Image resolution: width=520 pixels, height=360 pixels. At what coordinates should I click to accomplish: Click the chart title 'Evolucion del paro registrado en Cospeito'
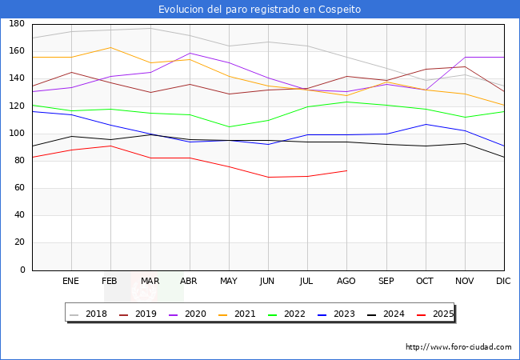coord(259,10)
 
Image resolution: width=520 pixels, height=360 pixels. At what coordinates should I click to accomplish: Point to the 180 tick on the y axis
coord(16,24)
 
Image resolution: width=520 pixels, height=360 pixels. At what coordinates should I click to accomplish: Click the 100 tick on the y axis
coord(16,134)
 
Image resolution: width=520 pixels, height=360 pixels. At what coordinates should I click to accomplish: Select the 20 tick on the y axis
coord(18,242)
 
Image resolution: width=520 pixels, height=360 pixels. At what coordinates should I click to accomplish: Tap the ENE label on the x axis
coord(71,281)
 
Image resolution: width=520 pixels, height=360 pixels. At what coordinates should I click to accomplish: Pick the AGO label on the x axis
coord(346,281)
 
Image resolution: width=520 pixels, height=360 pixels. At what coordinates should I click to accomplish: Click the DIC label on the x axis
coord(503,281)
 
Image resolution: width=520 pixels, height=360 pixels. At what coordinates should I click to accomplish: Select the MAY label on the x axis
coord(229,281)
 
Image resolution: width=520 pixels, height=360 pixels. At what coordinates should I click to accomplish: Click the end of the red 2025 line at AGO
coord(346,170)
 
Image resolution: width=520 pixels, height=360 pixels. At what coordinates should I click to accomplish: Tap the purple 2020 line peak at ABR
coord(190,53)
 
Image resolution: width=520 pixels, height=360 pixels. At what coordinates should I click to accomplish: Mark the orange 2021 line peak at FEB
coord(111,47)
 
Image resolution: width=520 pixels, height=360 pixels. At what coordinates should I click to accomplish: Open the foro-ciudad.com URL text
coord(458,347)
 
